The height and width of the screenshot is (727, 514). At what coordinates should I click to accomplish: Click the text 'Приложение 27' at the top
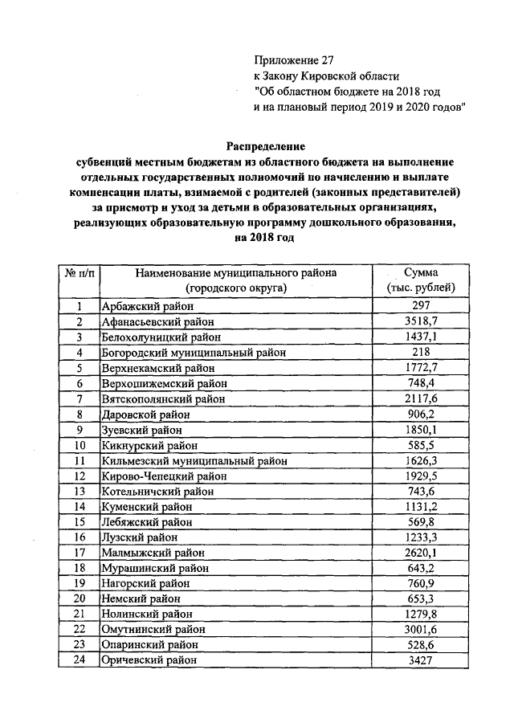pyautogui.click(x=292, y=60)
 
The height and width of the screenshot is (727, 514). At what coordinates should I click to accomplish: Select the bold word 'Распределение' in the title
pyautogui.click(x=266, y=146)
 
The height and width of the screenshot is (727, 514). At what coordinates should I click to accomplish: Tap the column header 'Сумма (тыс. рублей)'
pyautogui.click(x=420, y=280)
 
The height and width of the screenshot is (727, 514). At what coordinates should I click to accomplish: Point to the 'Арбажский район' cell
pyautogui.click(x=141, y=305)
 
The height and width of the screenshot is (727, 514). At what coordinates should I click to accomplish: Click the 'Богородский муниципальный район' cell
pyautogui.click(x=193, y=352)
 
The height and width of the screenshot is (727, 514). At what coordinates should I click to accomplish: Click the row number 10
pyautogui.click(x=79, y=445)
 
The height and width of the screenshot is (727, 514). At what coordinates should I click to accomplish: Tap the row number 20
pyautogui.click(x=79, y=598)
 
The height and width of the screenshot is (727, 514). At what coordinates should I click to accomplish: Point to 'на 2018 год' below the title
pyautogui.click(x=265, y=238)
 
